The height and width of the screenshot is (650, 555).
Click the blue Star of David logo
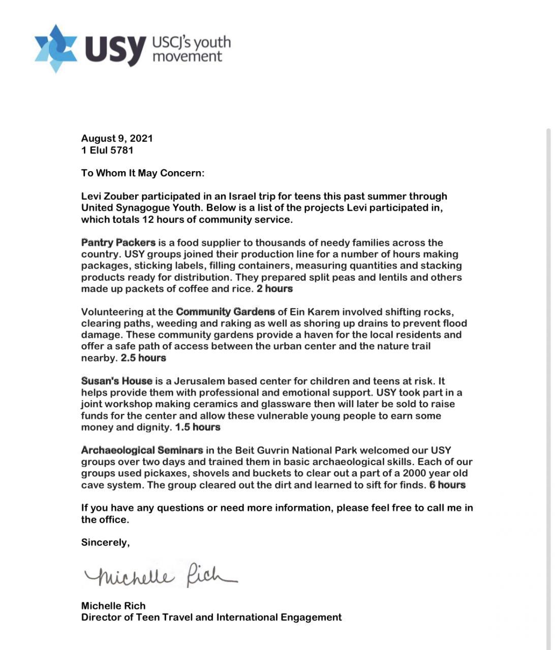click(x=55, y=48)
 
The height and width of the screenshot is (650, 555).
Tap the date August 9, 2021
click(x=117, y=138)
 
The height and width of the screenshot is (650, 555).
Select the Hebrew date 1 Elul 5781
click(x=107, y=150)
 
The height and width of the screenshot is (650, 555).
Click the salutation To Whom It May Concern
click(x=142, y=173)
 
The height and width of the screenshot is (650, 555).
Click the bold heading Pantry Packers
click(x=118, y=242)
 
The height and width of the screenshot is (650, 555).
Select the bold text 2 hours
click(x=274, y=288)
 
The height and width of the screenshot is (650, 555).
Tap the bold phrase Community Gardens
click(x=225, y=311)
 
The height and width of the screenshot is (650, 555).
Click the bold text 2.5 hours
click(x=143, y=357)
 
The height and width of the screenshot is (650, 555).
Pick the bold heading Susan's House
click(x=117, y=381)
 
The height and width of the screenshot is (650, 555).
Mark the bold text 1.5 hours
click(x=198, y=427)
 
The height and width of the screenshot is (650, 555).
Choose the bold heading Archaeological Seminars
click(x=142, y=450)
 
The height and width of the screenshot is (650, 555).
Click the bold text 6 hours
click(x=447, y=484)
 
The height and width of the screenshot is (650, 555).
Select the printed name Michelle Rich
click(x=113, y=606)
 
